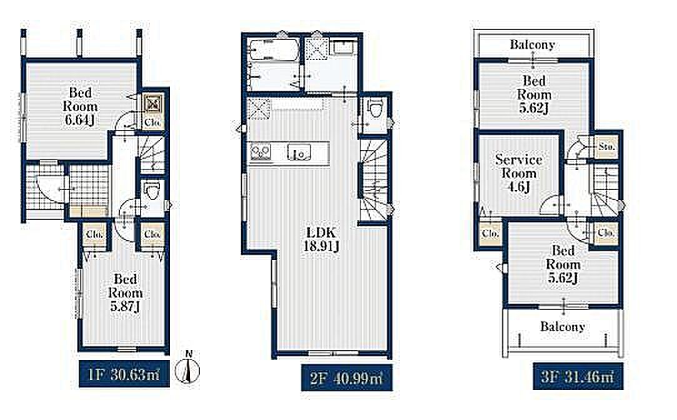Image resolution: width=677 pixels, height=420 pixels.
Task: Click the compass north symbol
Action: [x=188, y=369]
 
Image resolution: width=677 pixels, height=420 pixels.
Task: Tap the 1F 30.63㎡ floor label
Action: [x=124, y=374]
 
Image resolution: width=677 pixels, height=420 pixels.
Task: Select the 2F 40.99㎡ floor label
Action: [x=346, y=378]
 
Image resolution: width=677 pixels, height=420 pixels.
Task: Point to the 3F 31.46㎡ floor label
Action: [x=577, y=377]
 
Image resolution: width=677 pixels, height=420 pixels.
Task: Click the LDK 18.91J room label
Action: [x=321, y=239]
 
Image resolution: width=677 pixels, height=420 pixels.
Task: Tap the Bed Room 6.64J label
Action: [x=81, y=106]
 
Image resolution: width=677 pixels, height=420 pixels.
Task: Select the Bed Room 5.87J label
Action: [x=125, y=292]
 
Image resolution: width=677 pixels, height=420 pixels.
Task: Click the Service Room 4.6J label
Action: [x=518, y=173]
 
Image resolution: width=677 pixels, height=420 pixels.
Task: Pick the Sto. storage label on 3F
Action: [x=606, y=147]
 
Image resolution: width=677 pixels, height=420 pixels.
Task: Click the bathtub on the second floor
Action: [x=274, y=51]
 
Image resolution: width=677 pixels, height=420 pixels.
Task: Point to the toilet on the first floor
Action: [x=152, y=191]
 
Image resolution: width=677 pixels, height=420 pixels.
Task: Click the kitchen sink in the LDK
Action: [x=299, y=152]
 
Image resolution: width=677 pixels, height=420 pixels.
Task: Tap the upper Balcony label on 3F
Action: [x=532, y=44]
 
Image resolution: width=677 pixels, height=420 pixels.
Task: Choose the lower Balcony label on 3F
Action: [x=563, y=326]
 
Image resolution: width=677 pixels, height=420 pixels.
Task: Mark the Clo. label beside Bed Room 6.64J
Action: [x=152, y=122]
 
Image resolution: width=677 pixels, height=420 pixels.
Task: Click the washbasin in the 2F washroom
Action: [x=344, y=47]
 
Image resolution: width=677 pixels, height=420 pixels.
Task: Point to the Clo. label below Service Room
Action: [x=490, y=234]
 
